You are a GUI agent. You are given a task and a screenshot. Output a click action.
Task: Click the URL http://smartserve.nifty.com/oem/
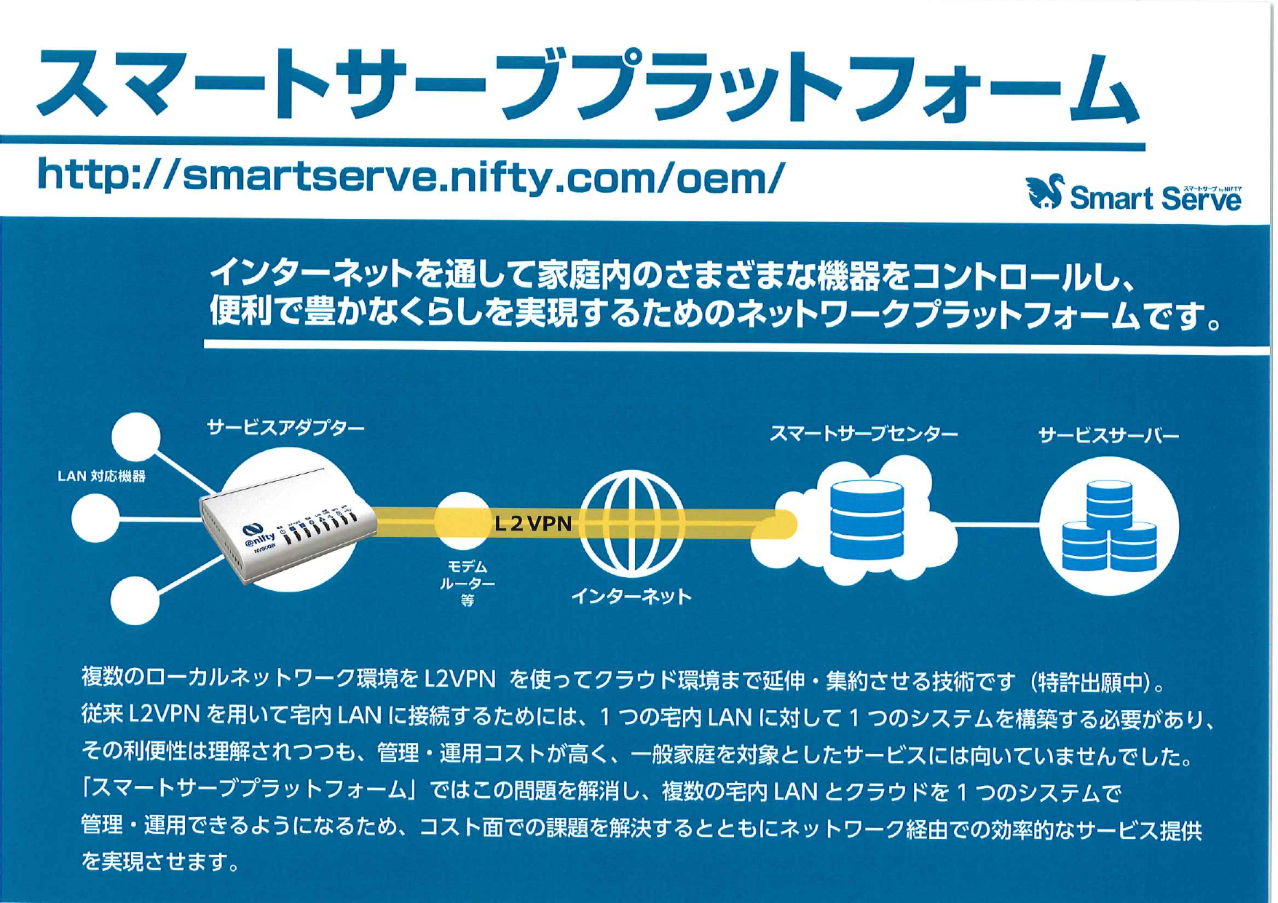tap(411, 177)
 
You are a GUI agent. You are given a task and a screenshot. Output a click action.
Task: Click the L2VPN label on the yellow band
tap(533, 523)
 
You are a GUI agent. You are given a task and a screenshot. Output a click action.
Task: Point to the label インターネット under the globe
tap(631, 597)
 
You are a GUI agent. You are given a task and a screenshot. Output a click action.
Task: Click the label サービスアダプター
tap(285, 428)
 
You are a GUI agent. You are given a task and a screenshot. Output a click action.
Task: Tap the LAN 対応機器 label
tap(101, 477)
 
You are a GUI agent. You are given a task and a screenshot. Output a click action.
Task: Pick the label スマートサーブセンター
tap(864, 434)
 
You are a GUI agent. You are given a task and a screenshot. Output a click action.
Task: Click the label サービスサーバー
tap(1108, 436)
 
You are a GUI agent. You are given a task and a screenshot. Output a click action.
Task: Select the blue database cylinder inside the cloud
tap(867, 520)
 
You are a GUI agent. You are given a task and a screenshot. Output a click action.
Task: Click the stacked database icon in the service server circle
tap(1109, 527)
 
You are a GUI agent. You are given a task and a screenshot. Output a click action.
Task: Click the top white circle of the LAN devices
tap(136, 437)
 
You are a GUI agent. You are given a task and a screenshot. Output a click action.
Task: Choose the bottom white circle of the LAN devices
tap(135, 600)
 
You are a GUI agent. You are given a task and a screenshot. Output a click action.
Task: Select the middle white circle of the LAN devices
tap(95, 519)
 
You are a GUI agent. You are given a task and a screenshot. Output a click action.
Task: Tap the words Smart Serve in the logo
tap(1155, 199)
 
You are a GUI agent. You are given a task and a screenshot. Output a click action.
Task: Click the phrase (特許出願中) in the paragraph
tap(1093, 683)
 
